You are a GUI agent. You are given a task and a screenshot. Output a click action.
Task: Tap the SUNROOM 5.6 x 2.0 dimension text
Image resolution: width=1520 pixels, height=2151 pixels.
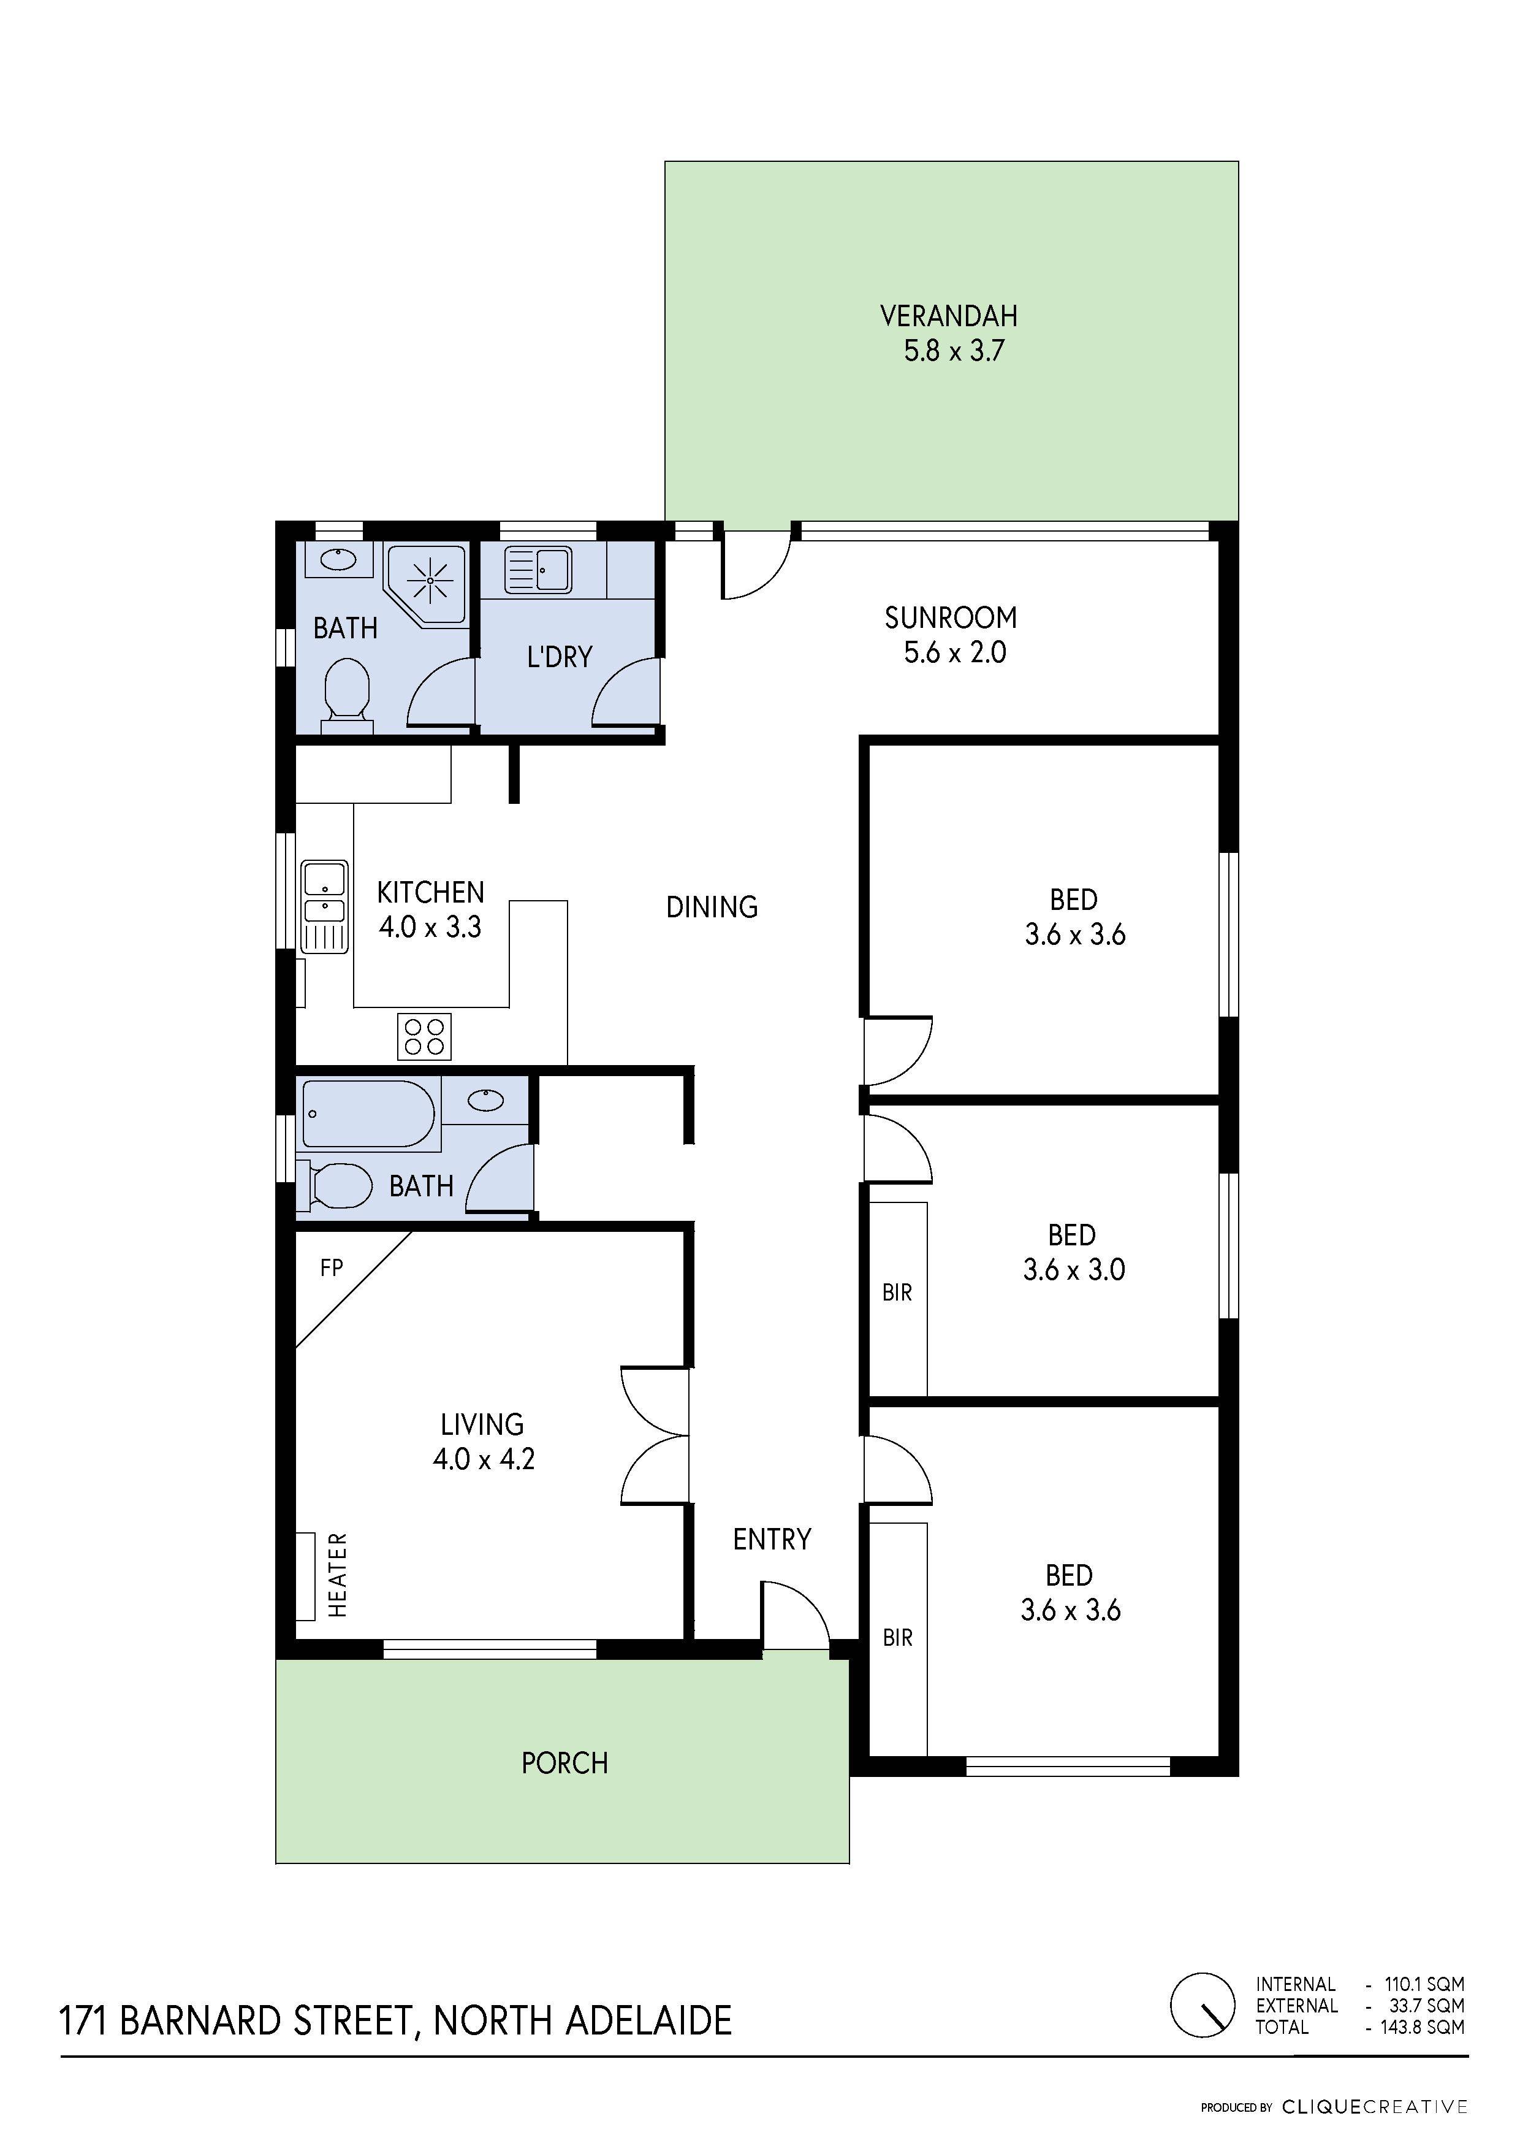click(954, 652)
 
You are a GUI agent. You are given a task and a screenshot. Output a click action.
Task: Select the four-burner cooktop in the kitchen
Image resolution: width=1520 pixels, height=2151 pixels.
click(424, 1036)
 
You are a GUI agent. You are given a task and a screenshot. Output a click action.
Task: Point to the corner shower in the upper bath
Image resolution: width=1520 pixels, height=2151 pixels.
click(430, 583)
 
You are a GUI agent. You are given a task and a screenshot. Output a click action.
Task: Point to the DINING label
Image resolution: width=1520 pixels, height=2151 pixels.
click(712, 907)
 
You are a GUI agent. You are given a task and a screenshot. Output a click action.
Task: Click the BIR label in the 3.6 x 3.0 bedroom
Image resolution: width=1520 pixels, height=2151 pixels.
click(896, 1293)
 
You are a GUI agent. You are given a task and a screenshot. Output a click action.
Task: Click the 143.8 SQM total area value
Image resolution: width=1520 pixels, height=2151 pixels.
click(1422, 2027)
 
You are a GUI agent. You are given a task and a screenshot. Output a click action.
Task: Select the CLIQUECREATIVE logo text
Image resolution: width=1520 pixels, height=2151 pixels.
click(1374, 2107)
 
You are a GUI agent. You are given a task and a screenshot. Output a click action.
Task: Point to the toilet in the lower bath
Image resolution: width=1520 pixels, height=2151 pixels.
click(337, 1187)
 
